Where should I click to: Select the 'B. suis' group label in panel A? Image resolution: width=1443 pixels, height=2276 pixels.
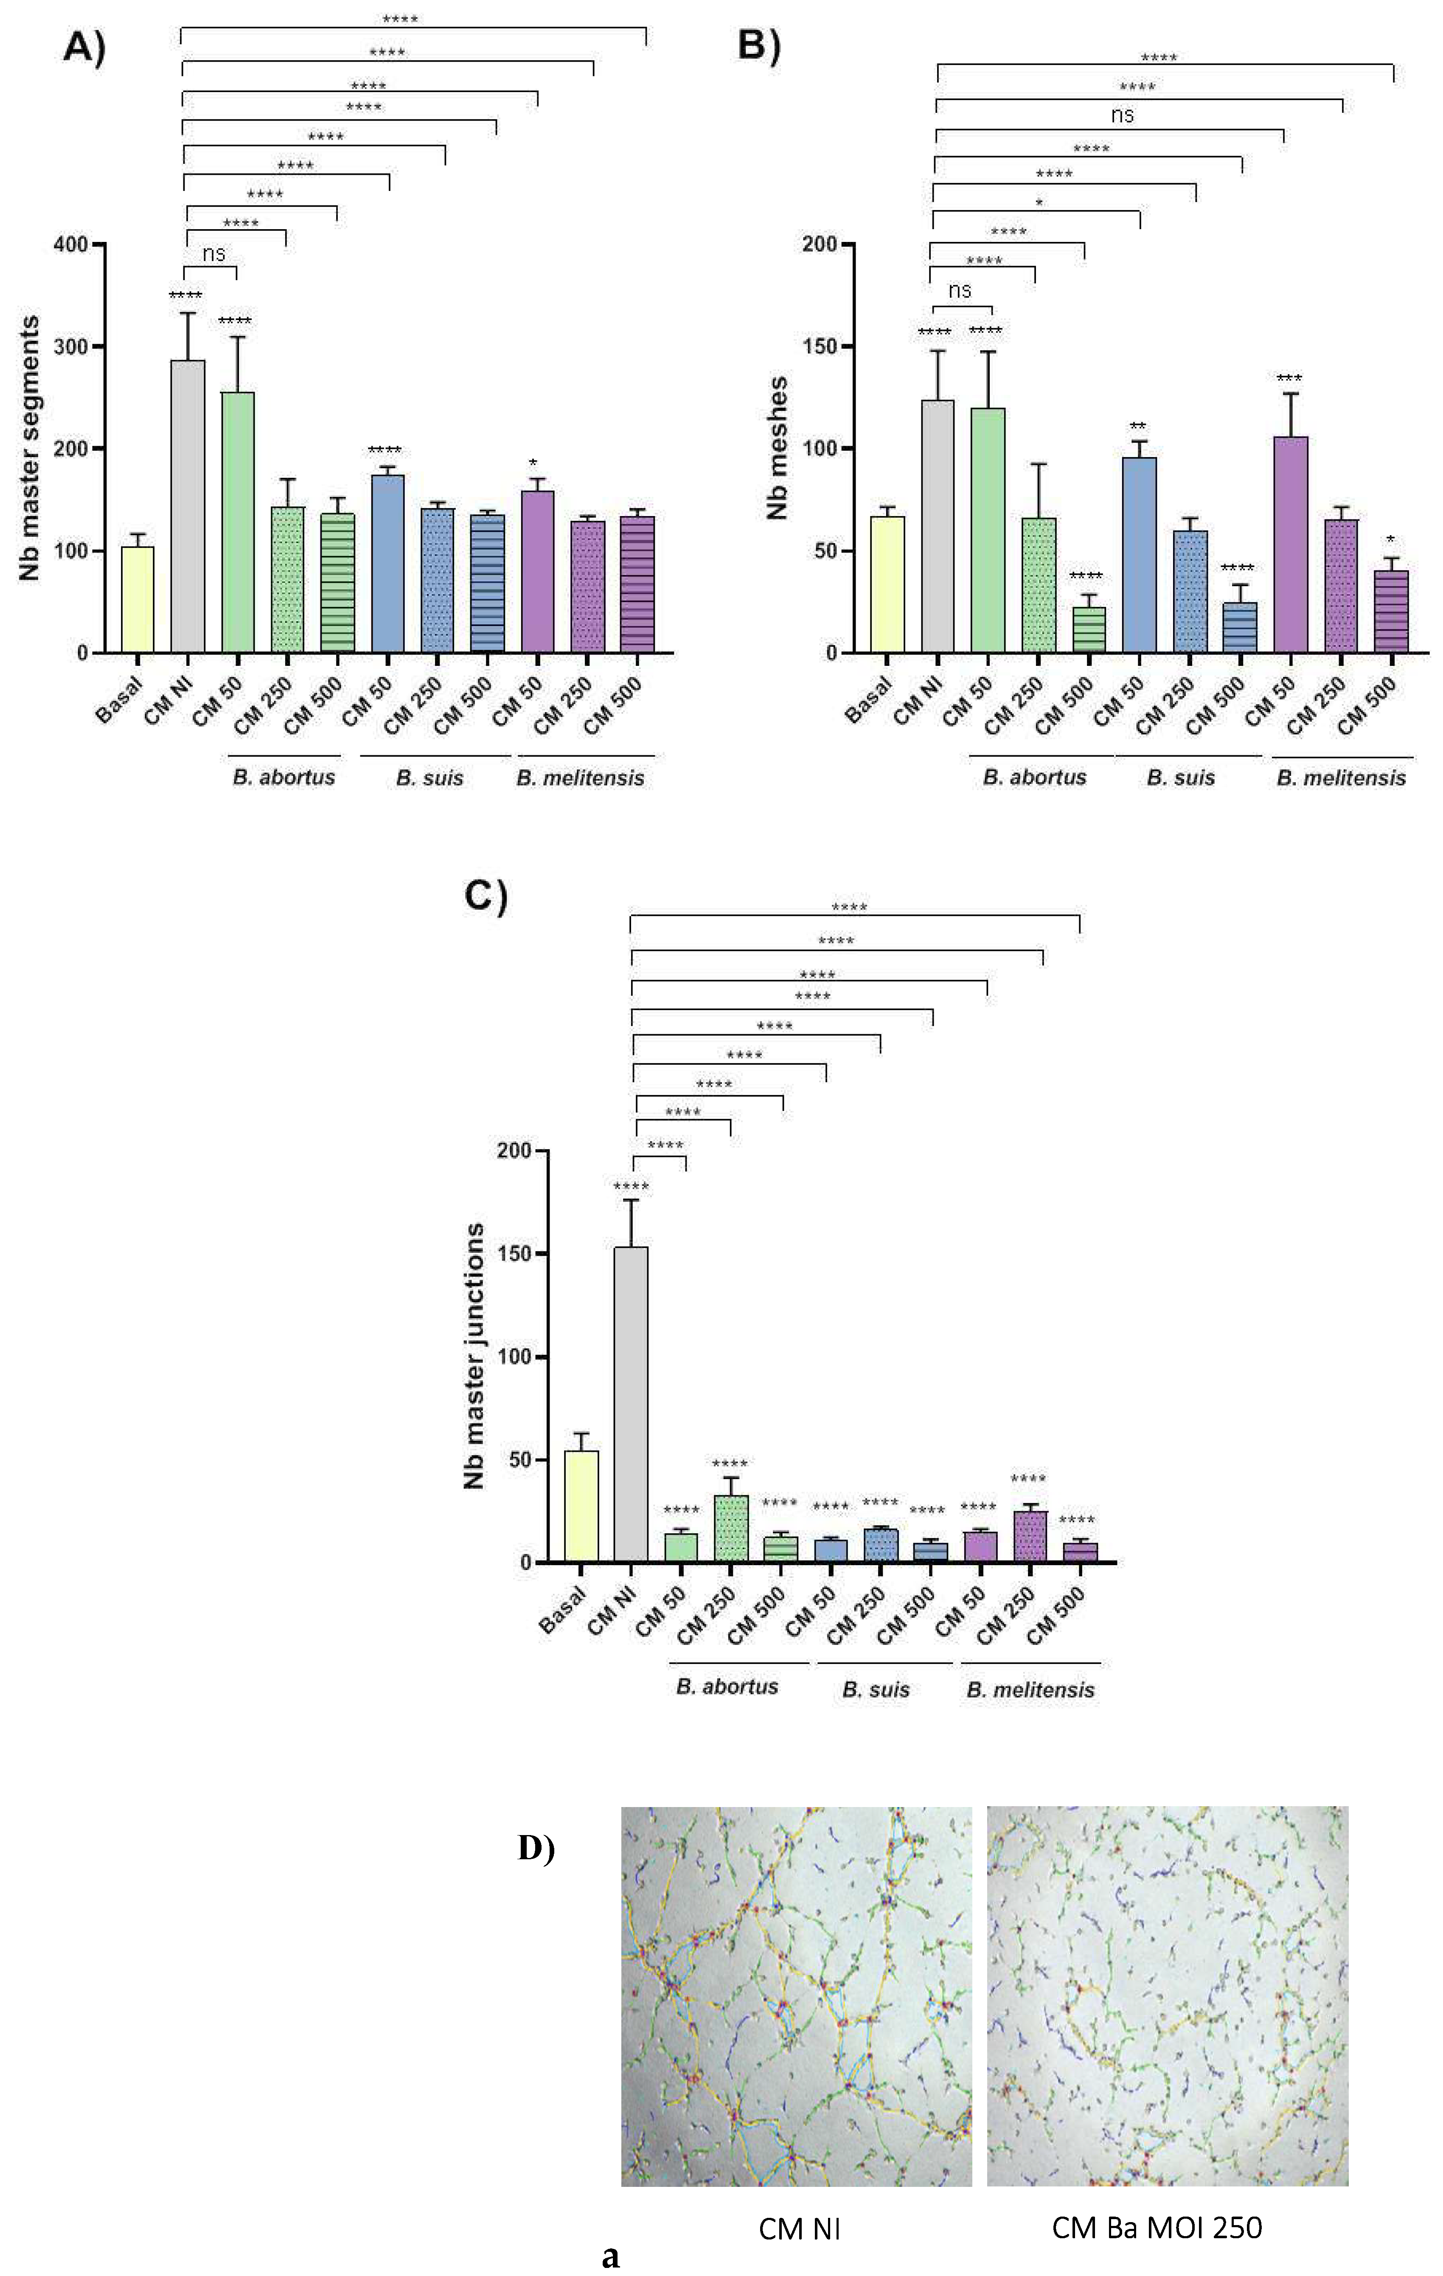pyautogui.click(x=430, y=778)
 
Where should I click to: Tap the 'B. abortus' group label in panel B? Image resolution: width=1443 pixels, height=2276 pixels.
pyautogui.click(x=1035, y=778)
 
